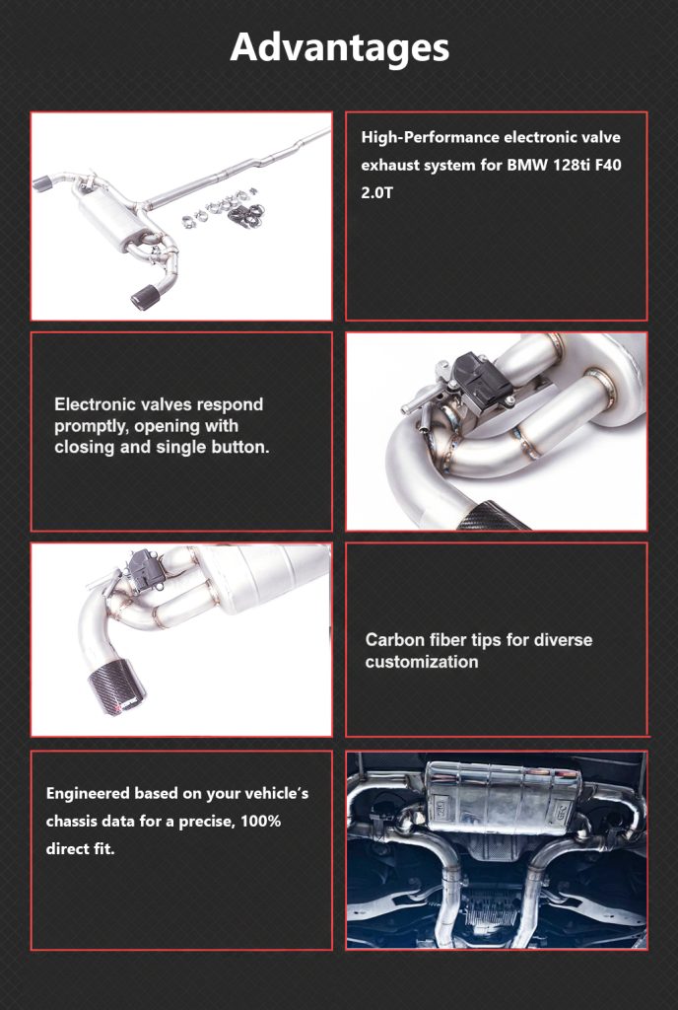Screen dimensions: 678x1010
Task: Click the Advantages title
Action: click(x=339, y=47)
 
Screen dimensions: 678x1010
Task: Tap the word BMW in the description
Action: click(x=526, y=165)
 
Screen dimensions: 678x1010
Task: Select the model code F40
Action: click(x=608, y=165)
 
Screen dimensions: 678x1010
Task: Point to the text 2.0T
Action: click(x=376, y=192)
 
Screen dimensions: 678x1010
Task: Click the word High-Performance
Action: click(x=431, y=137)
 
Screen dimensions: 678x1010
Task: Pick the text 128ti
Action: click(x=570, y=165)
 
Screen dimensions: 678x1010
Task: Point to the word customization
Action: click(x=422, y=662)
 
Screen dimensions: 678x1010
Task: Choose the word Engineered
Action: click(x=88, y=794)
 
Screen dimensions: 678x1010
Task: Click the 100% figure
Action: click(x=260, y=822)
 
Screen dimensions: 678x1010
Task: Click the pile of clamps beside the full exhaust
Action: click(x=224, y=209)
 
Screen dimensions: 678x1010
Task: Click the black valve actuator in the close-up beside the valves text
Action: click(x=482, y=376)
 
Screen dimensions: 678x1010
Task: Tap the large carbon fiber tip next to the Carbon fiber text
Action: click(x=116, y=687)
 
